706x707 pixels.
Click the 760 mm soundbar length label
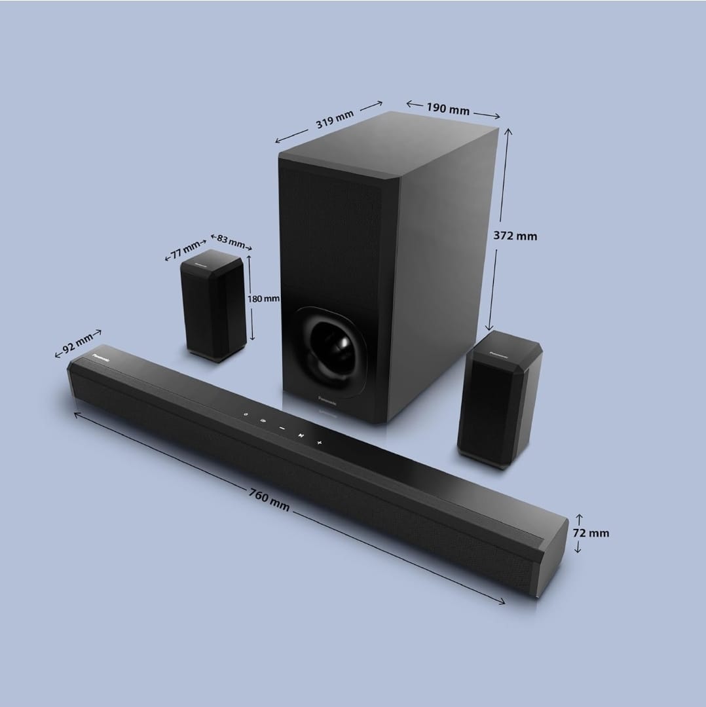[x=269, y=499]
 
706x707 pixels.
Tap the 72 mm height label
[x=591, y=533]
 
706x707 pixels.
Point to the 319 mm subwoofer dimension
[x=334, y=120]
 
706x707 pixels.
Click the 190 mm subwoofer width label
[x=448, y=109]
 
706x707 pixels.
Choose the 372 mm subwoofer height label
[x=515, y=236]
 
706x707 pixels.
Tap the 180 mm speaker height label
[x=263, y=299]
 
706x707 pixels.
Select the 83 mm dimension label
[x=231, y=241]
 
